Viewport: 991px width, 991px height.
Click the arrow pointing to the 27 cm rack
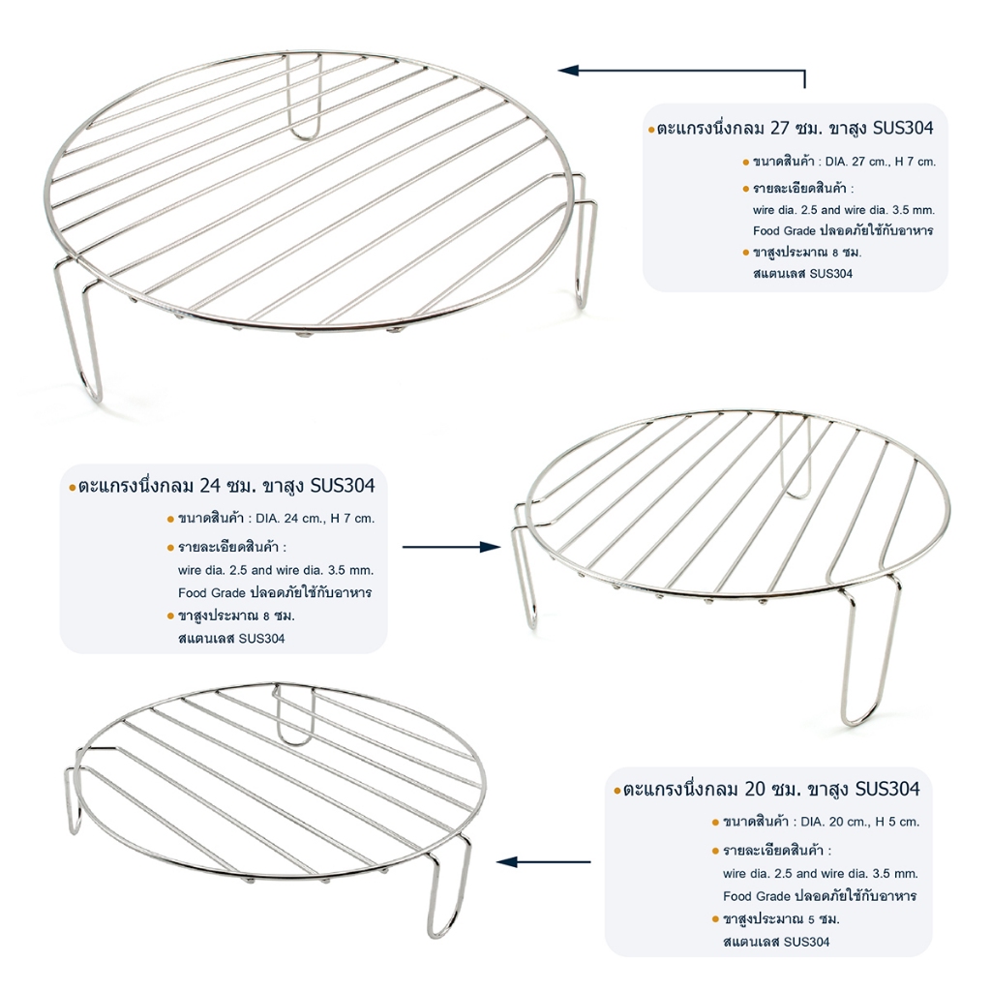(681, 70)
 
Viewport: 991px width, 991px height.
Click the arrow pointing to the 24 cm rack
(451, 547)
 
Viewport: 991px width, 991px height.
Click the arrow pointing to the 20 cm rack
(544, 861)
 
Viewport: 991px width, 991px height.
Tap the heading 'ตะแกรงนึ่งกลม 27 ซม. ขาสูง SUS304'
(796, 129)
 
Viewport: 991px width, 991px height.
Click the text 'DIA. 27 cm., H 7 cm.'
(881, 162)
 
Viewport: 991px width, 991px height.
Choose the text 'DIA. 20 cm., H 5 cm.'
(859, 823)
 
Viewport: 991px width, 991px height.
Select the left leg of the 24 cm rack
(524, 569)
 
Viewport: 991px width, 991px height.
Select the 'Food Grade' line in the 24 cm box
(275, 593)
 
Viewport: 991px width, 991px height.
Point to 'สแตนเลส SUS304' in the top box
(802, 274)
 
